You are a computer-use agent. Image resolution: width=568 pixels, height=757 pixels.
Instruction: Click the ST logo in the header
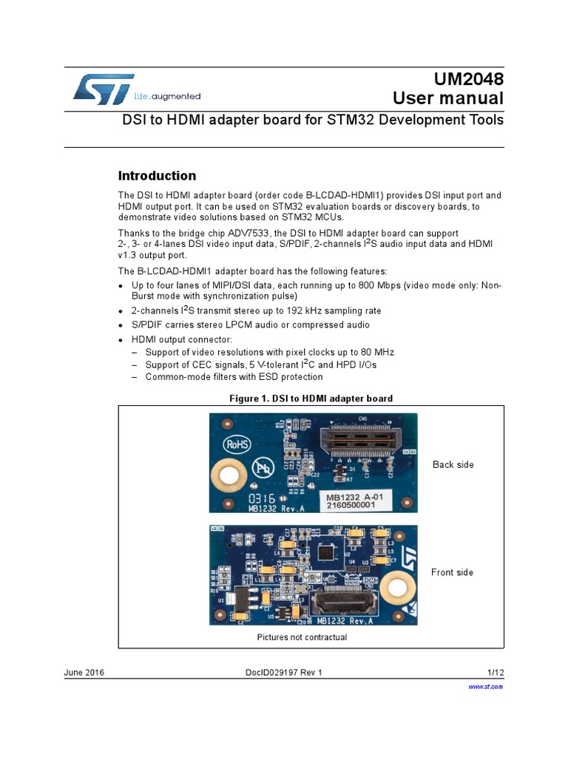click(104, 89)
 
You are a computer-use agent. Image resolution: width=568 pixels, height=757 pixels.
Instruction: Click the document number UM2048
click(464, 80)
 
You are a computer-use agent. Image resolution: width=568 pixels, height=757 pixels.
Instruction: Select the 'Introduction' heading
click(158, 176)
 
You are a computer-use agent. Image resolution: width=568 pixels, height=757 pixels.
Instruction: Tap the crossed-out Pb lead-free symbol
click(263, 468)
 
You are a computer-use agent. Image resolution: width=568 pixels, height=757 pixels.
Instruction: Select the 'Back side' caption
click(453, 464)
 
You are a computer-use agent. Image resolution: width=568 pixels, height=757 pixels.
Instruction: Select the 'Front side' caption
click(452, 572)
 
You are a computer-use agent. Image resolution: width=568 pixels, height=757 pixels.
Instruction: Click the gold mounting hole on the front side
click(399, 588)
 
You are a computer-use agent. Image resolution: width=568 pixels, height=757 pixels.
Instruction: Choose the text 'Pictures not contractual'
click(302, 637)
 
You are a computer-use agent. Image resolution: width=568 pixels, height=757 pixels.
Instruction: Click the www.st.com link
click(487, 687)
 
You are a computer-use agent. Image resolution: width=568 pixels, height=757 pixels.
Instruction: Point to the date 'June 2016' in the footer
click(84, 672)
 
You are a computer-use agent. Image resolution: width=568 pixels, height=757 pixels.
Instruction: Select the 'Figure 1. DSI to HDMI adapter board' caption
click(311, 398)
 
